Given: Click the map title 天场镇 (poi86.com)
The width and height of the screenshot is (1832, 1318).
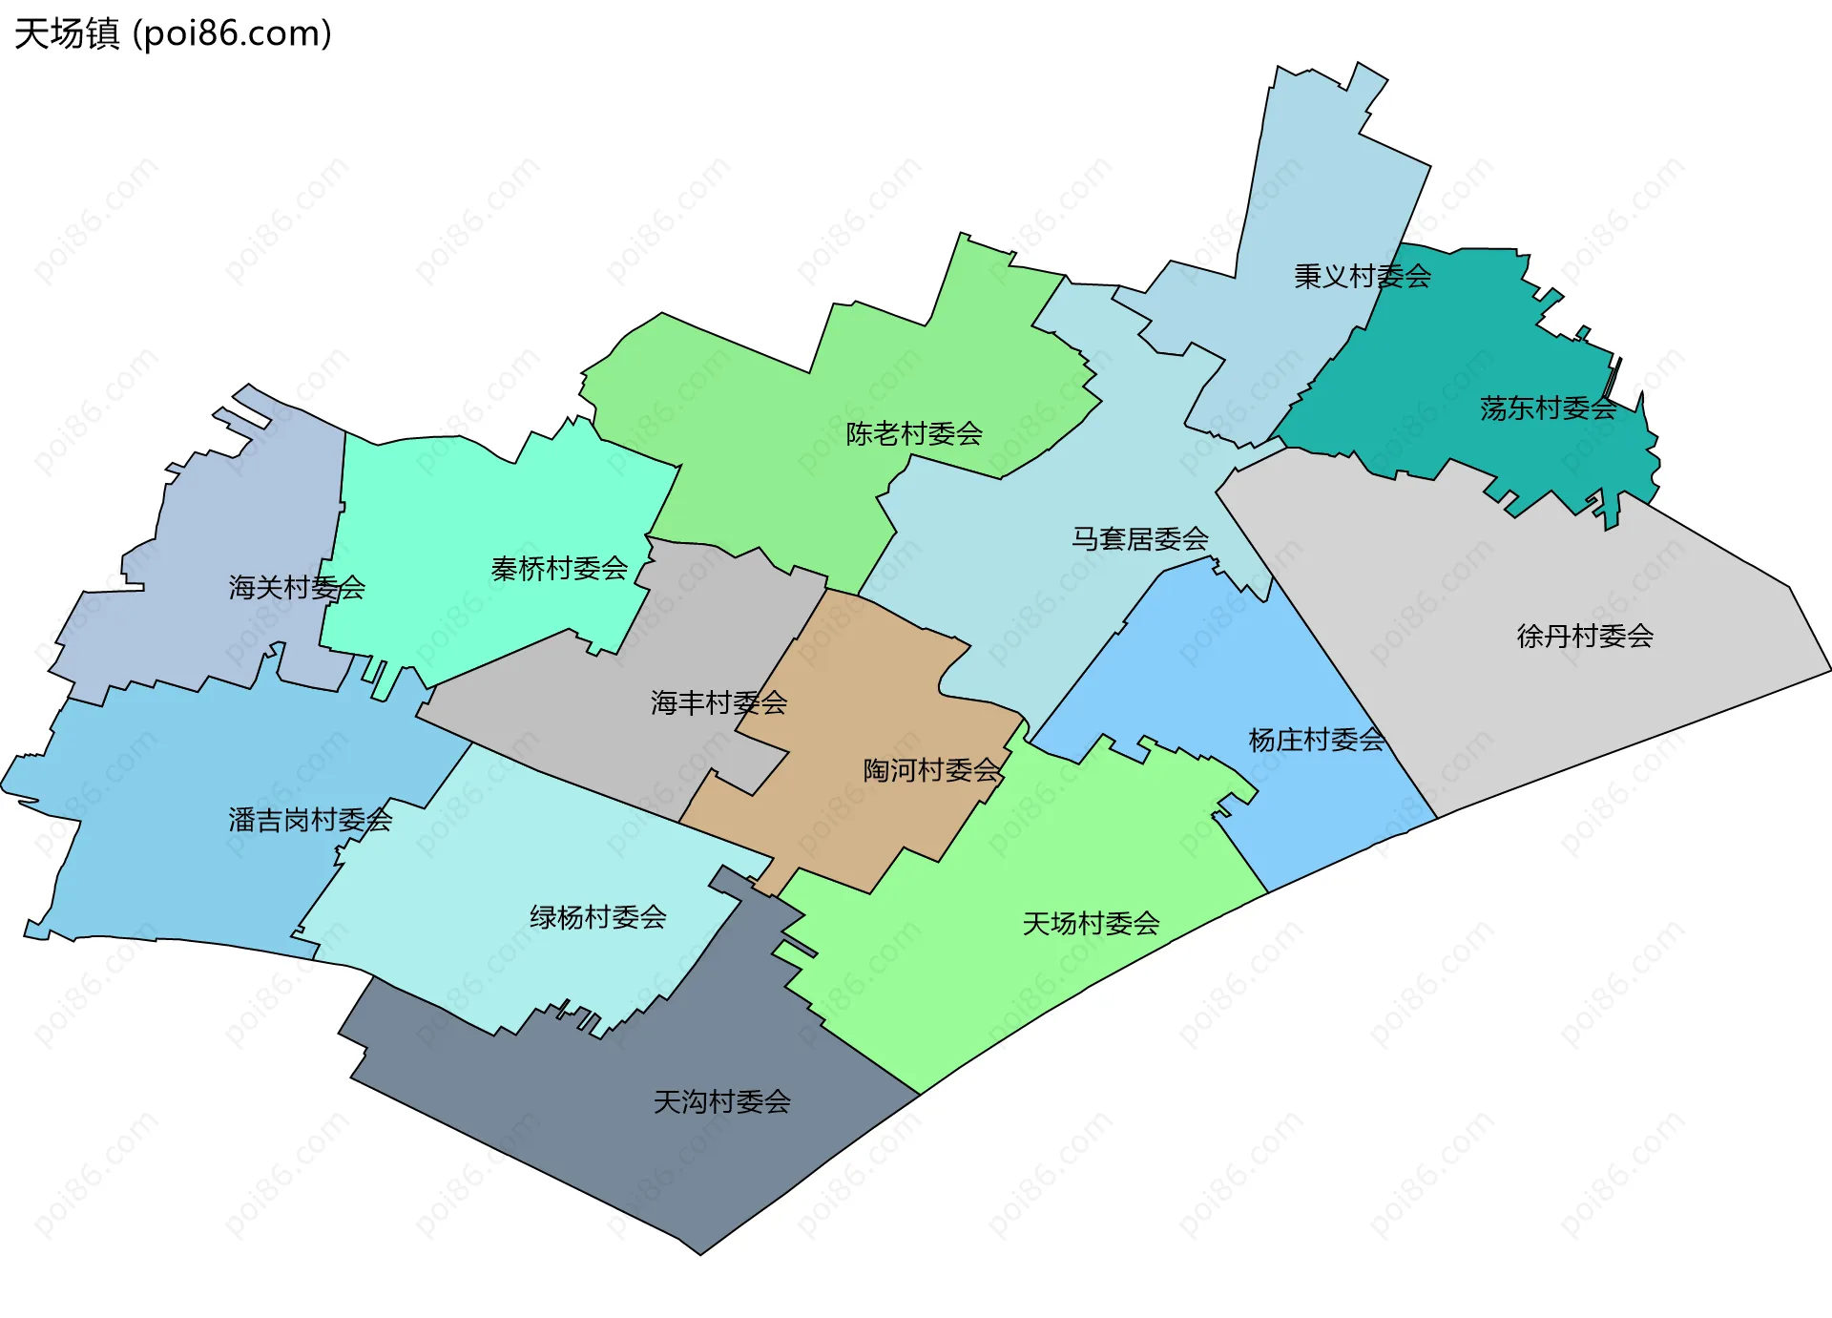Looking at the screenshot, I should [x=173, y=33].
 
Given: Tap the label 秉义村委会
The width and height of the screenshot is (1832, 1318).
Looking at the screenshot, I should [x=1362, y=277].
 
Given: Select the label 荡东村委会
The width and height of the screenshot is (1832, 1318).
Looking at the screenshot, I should [x=1548, y=408].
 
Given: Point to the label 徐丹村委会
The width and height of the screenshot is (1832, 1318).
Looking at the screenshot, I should [x=1585, y=636].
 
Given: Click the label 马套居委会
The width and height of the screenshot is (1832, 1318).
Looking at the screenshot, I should [x=1139, y=539].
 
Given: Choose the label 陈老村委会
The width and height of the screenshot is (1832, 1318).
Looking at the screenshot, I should [x=913, y=434].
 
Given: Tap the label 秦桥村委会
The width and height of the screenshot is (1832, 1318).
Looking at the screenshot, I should [x=559, y=569].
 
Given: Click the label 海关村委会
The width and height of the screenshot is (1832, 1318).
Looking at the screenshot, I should [x=297, y=588].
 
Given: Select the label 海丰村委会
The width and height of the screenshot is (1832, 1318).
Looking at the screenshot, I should [x=718, y=703].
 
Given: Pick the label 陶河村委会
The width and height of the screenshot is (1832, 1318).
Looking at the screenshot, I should [x=931, y=770].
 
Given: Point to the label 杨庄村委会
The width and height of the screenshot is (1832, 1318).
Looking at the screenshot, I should [x=1316, y=740].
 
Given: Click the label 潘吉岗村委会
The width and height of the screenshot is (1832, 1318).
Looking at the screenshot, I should [x=310, y=820].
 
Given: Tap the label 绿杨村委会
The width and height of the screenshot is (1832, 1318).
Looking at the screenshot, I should [x=597, y=917].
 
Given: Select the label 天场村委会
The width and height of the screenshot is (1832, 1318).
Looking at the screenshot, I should [x=1091, y=924].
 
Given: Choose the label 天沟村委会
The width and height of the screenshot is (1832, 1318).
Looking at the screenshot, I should [x=721, y=1102].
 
